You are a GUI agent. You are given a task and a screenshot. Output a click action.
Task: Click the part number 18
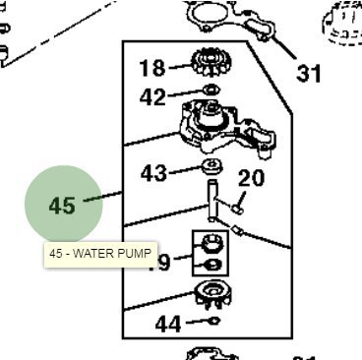[x=152, y=68]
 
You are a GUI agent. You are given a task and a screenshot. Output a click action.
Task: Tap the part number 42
[x=152, y=97]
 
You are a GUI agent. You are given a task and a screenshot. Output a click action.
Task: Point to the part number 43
[x=153, y=174]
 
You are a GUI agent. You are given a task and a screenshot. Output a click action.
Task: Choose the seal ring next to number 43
[x=210, y=163]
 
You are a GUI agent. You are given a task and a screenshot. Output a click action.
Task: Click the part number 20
[x=252, y=178]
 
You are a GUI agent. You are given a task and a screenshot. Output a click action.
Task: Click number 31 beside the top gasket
[x=309, y=72]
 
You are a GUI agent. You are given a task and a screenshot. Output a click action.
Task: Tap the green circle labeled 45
[x=63, y=206]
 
